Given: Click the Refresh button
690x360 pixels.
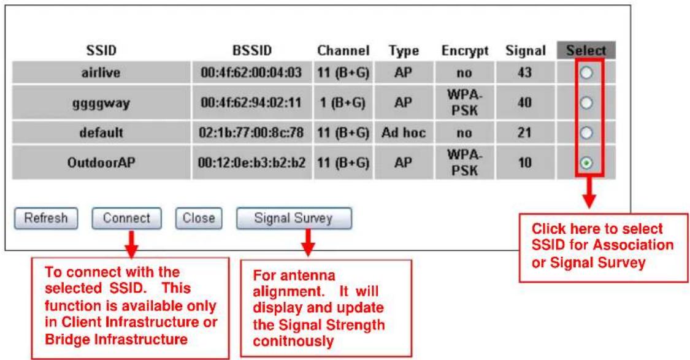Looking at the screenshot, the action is pos(46,218).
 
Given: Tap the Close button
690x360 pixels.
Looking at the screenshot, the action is pos(199,218).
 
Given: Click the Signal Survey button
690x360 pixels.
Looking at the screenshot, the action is pos(294,218).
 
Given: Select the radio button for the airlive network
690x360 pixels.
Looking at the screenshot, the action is pos(586,73).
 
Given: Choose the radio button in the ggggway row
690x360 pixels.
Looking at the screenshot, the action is pos(586,103).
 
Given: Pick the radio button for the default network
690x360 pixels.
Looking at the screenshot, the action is pos(586,133).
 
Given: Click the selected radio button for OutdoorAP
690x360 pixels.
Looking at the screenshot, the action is pos(586,163).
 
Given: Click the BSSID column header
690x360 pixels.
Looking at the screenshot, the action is pos(251,51).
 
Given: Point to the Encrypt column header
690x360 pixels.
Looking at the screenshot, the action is pos(465,51).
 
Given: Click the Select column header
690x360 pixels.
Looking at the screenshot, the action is pos(586,51).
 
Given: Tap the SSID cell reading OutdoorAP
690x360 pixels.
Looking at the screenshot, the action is pos(101,163).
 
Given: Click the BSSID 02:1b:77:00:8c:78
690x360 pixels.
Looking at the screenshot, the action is pos(251,133).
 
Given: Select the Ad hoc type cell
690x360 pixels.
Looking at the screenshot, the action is pos(404,133).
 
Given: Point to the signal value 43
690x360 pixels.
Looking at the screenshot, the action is pos(524,72).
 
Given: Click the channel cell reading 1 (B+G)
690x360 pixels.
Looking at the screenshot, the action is pos(342,103).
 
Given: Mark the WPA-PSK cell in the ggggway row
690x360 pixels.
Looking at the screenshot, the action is pos(465,102).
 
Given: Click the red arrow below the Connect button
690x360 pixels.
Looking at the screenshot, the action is pos(131,244).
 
